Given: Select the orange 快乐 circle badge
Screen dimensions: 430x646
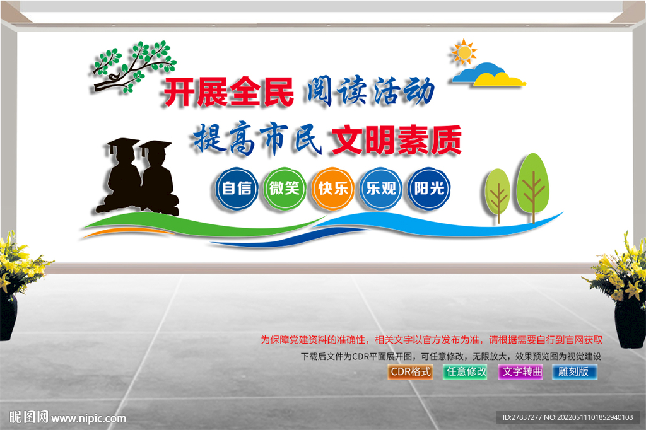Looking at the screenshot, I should pyautogui.click(x=333, y=188).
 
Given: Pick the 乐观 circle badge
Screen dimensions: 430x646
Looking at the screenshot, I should pyautogui.click(x=381, y=188).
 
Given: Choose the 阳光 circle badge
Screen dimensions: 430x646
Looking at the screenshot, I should pyautogui.click(x=429, y=188).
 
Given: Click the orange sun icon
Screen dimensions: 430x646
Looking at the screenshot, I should pyautogui.click(x=464, y=52).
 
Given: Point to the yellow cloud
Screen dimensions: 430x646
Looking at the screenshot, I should pyautogui.click(x=501, y=79).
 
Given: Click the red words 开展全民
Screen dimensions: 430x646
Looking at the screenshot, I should pyautogui.click(x=229, y=93).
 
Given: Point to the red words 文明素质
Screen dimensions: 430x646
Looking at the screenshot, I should pyautogui.click(x=397, y=140).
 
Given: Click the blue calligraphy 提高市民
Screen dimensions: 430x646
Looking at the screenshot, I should pyautogui.click(x=258, y=140).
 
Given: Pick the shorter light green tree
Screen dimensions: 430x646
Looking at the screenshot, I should pyautogui.click(x=498, y=191).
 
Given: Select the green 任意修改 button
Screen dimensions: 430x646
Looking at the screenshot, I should pyautogui.click(x=466, y=371).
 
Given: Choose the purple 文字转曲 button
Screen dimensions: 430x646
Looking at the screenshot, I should pyautogui.click(x=521, y=371).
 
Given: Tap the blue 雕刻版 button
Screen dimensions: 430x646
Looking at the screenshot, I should pyautogui.click(x=574, y=371).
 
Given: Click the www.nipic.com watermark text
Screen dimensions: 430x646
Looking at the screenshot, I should pyautogui.click(x=89, y=417).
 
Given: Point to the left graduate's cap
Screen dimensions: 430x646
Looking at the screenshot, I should pyautogui.click(x=123, y=144).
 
